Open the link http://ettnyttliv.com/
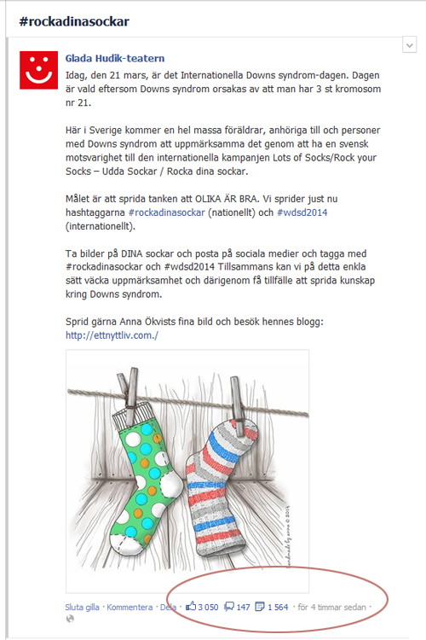(112, 335)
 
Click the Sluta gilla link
(83, 608)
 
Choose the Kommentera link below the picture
(130, 608)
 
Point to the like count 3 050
(208, 608)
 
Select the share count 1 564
(278, 608)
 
